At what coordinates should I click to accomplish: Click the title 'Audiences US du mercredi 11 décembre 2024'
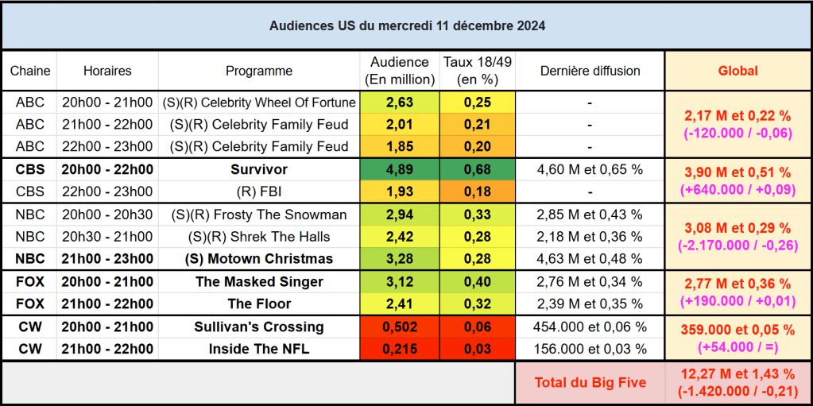click(407, 26)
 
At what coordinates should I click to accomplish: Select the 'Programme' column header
click(259, 71)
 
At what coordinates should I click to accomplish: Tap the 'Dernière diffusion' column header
click(590, 71)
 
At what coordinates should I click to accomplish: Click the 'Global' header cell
click(738, 71)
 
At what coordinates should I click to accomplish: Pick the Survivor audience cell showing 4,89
click(399, 169)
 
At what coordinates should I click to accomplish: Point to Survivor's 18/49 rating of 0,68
click(478, 169)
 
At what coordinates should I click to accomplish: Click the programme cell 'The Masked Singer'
click(259, 281)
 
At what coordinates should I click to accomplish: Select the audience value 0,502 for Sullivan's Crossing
click(399, 327)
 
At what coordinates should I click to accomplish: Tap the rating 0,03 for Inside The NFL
click(478, 349)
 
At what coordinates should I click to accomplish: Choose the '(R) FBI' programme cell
click(259, 191)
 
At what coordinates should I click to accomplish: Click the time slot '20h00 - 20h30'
click(107, 215)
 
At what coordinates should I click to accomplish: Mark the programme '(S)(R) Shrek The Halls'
click(259, 237)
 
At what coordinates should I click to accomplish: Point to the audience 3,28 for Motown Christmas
click(399, 259)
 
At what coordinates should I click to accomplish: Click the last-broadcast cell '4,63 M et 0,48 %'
click(590, 259)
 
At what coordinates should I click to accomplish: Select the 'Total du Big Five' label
click(590, 382)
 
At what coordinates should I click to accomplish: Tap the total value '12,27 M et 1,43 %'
click(738, 374)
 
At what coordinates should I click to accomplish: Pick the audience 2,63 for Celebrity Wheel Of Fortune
click(399, 102)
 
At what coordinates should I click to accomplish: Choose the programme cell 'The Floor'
click(259, 304)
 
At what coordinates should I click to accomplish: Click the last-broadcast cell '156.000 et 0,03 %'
click(590, 349)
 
